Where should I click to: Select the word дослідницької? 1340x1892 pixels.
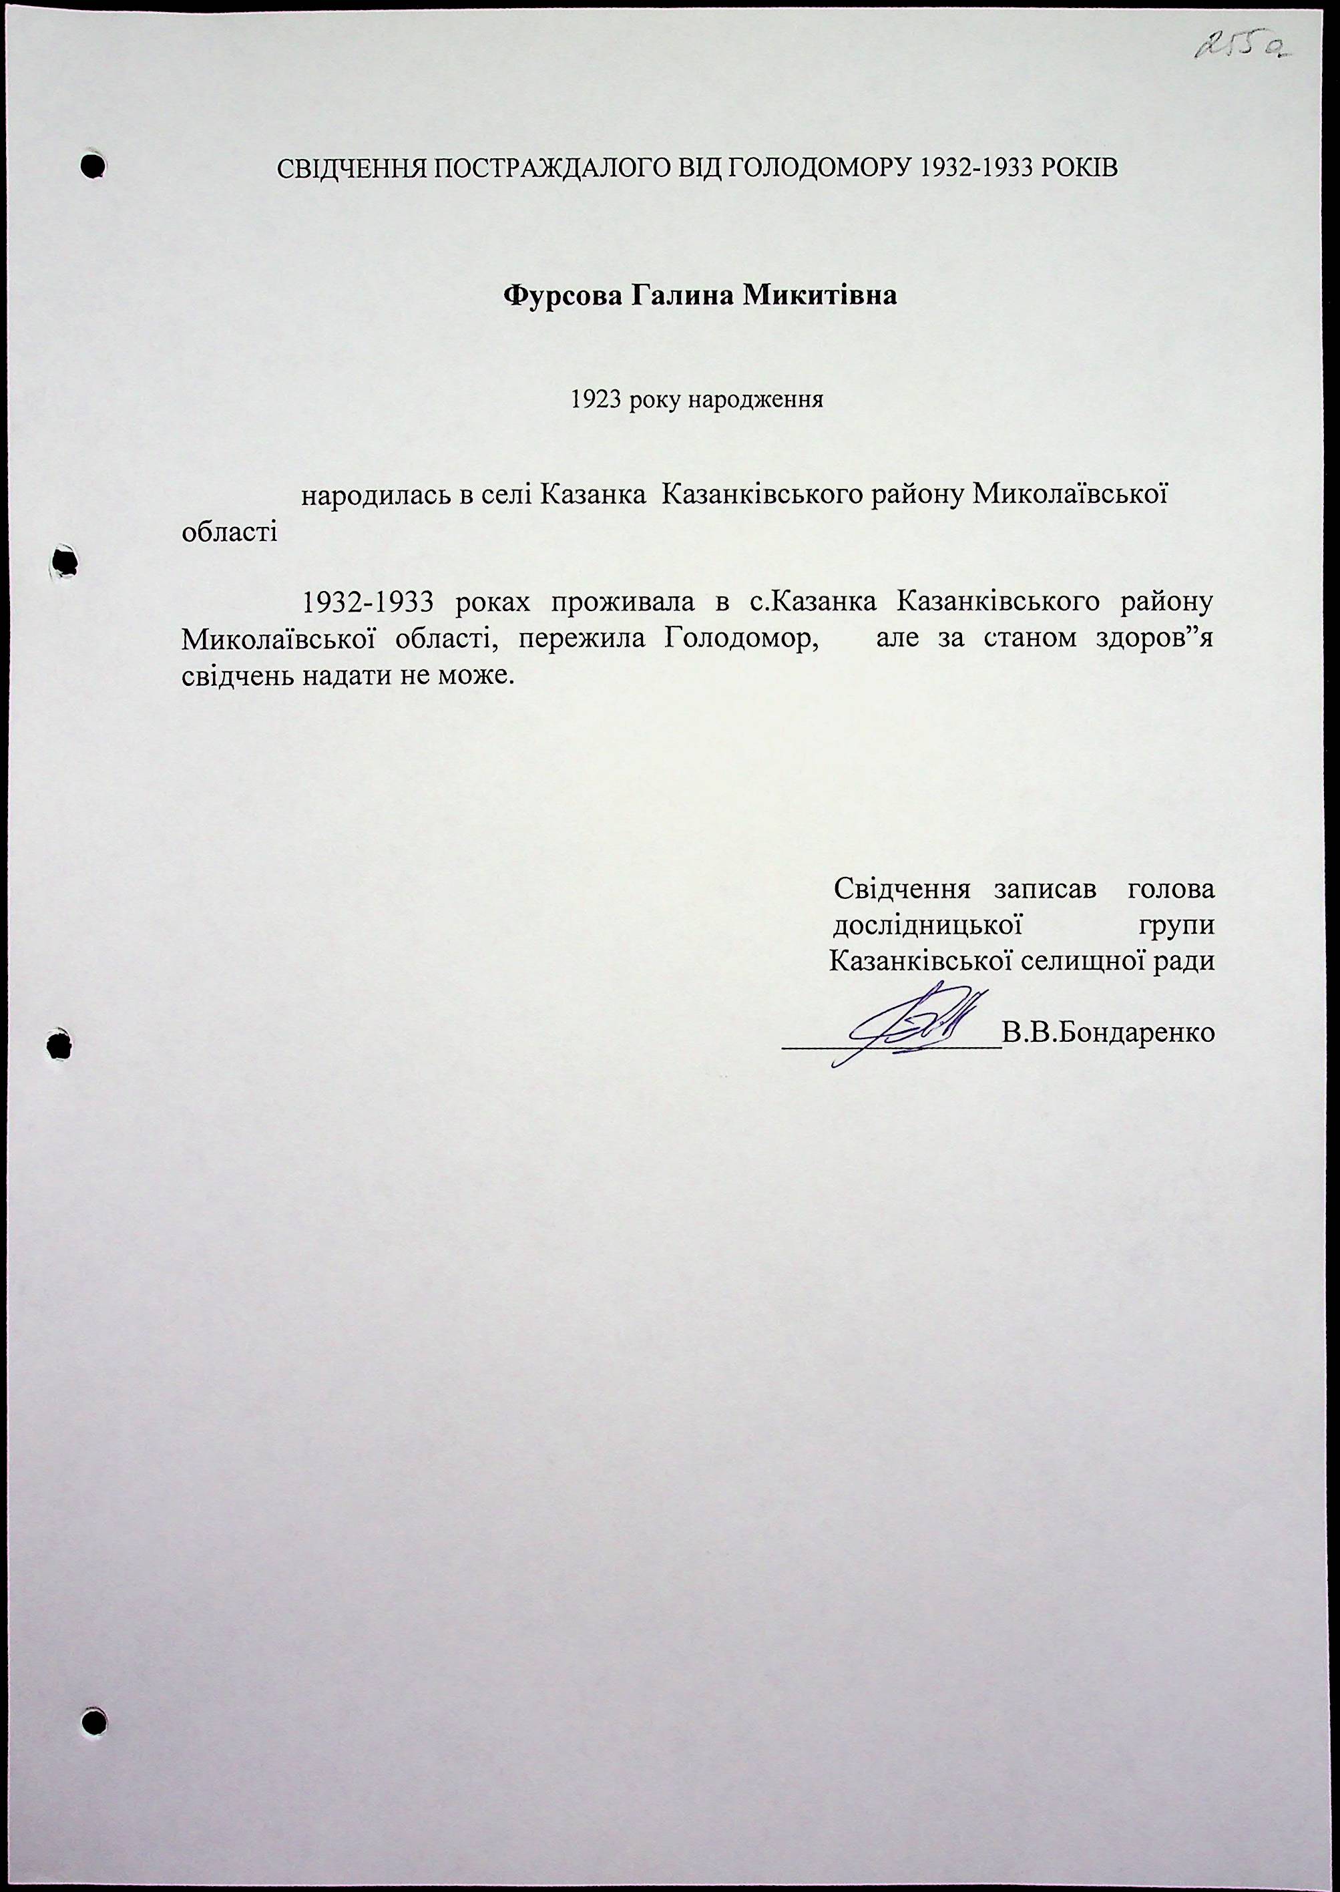928,925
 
